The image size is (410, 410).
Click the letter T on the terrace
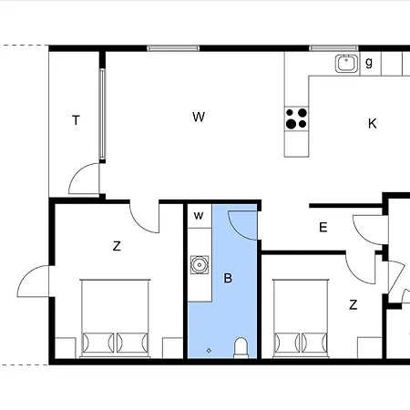(x=76, y=120)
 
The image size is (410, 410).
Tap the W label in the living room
(x=199, y=117)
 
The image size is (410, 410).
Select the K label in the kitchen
(x=373, y=124)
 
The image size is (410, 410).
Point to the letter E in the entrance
(x=323, y=227)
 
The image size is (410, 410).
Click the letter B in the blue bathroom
(x=228, y=278)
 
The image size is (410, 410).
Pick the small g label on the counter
(x=369, y=63)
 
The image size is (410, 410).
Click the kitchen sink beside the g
(x=346, y=64)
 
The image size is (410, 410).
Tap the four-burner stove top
(x=296, y=118)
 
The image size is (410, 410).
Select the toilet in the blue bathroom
(x=241, y=347)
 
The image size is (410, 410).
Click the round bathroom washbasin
(x=200, y=265)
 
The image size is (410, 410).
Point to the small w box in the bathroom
(x=200, y=216)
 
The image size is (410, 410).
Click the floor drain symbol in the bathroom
(x=209, y=351)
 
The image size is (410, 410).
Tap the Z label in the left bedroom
(x=117, y=246)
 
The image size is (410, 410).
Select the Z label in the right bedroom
(x=353, y=304)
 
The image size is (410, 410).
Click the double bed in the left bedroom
(x=115, y=318)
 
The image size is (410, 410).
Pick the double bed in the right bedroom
(x=301, y=318)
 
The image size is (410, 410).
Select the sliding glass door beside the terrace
(x=102, y=115)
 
